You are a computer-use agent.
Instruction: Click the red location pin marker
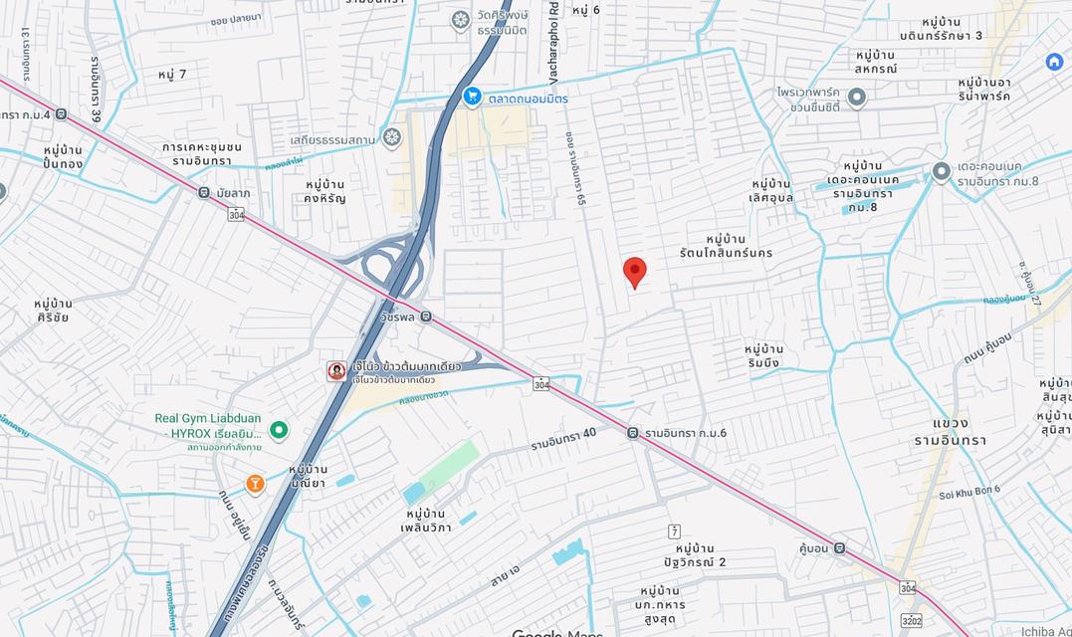tap(634, 272)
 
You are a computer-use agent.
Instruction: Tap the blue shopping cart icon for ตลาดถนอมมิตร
tap(473, 97)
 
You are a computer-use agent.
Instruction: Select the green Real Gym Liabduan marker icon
tap(279, 430)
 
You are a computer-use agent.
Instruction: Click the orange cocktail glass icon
tap(256, 484)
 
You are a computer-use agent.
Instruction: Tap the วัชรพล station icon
tap(426, 317)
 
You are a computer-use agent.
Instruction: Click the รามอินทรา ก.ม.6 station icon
tap(633, 432)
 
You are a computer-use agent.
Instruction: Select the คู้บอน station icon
tap(839, 547)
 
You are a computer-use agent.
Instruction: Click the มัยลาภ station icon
tap(204, 192)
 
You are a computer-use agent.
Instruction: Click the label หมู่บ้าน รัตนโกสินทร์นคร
tap(739, 246)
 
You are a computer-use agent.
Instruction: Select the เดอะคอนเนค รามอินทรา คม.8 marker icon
tap(941, 172)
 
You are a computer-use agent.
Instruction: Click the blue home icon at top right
tap(1054, 62)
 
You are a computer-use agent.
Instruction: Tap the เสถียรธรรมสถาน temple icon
tap(392, 136)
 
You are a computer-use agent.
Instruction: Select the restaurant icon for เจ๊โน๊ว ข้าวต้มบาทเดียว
tap(337, 371)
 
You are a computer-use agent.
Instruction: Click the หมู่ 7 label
tap(172, 75)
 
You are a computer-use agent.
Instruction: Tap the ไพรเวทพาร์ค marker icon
tap(857, 98)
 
